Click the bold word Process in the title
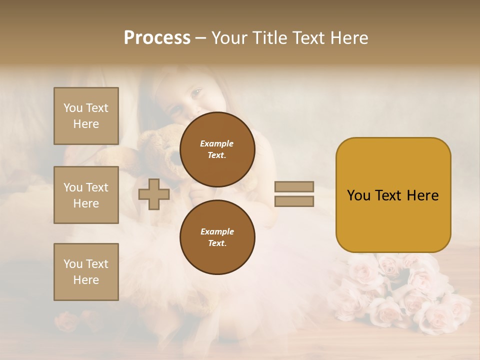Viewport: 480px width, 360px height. coord(157,38)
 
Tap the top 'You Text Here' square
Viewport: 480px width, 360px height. coord(86,116)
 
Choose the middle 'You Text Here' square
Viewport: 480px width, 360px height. coord(86,195)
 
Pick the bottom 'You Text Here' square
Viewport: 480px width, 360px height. coord(86,272)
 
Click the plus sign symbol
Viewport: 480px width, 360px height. coord(153,194)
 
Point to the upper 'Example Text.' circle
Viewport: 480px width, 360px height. coord(217,149)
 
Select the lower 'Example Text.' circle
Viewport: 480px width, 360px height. coord(217,237)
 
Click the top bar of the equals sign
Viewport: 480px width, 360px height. coord(294,187)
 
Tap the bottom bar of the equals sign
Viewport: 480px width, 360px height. coord(294,201)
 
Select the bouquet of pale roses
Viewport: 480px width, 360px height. coord(400,295)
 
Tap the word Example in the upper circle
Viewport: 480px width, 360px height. coord(217,144)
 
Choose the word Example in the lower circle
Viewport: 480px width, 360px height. coord(217,231)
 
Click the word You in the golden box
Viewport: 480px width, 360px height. coord(358,195)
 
